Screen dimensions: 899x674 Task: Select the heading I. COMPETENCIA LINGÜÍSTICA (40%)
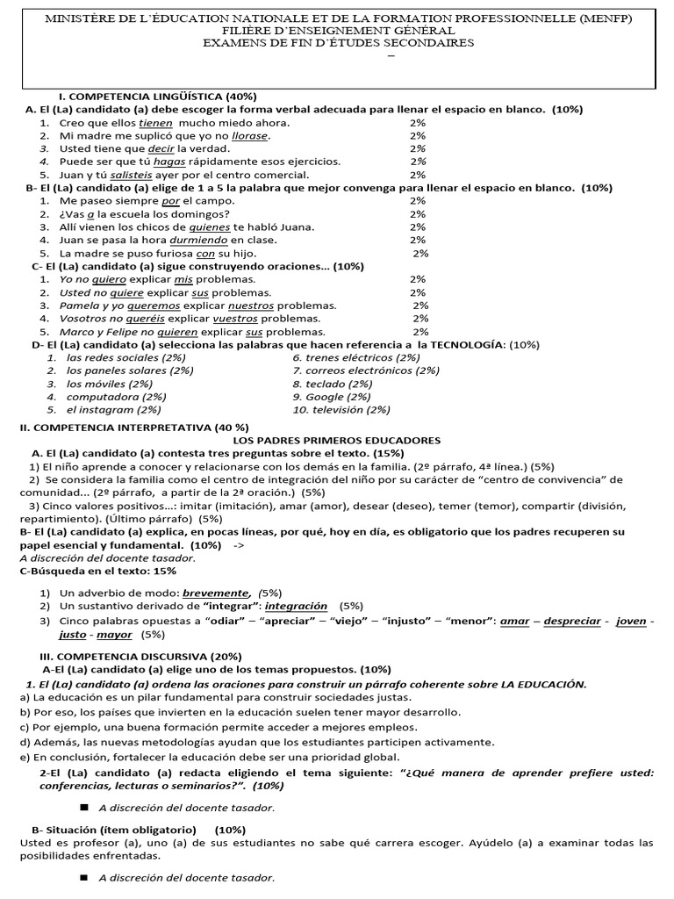point(157,96)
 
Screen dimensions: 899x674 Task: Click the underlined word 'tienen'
point(156,123)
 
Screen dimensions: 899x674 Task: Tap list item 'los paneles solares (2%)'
point(129,370)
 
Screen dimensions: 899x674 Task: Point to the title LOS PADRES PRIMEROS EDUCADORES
point(336,440)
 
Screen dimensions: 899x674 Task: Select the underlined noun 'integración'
point(296,607)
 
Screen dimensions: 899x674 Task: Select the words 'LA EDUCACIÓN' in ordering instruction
point(542,684)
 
